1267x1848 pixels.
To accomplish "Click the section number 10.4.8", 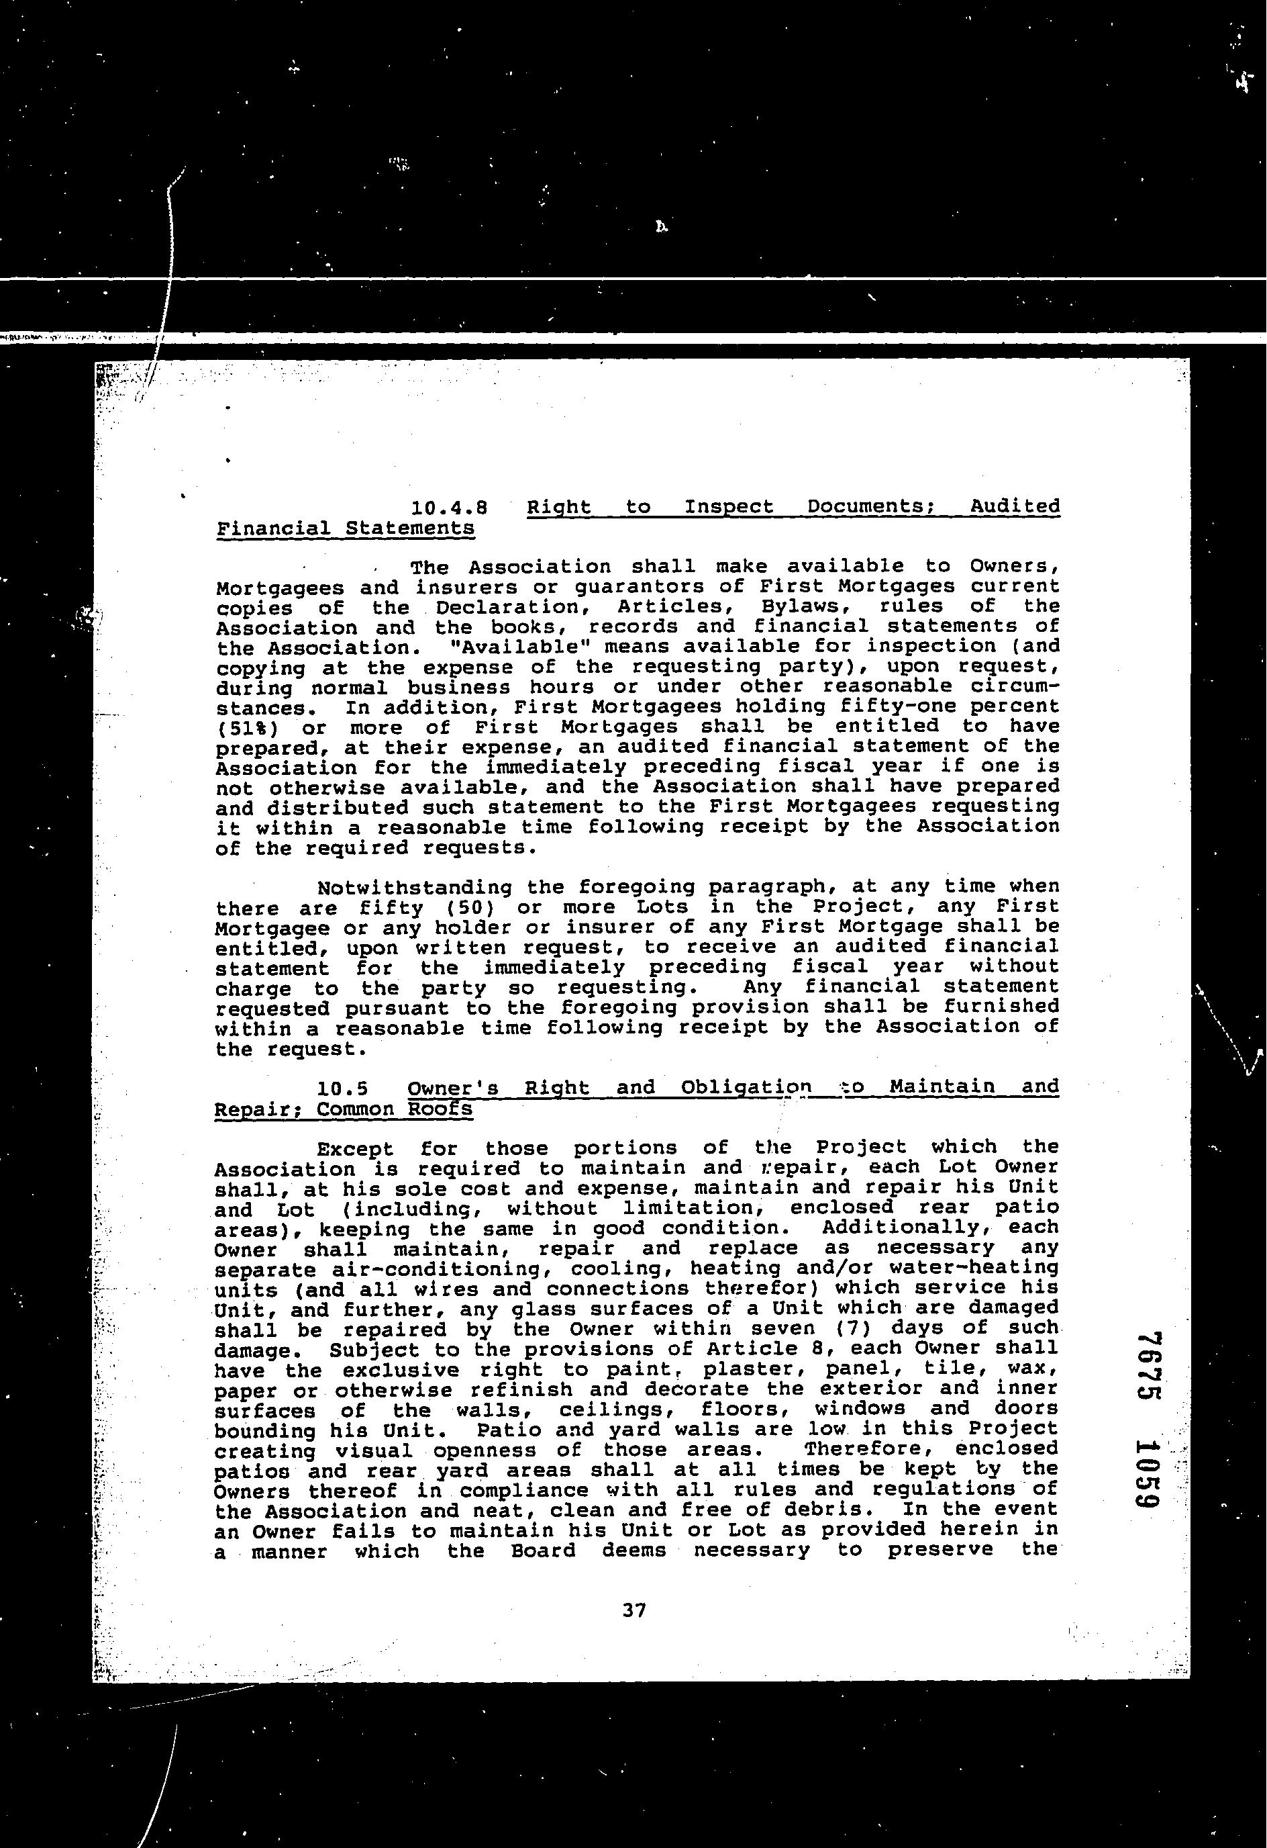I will [449, 507].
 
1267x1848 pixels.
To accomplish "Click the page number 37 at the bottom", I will [634, 1610].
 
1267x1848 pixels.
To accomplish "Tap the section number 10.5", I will [342, 1087].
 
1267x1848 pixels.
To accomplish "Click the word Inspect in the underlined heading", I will [729, 507].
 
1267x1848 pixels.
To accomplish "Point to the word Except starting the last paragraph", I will [355, 1148].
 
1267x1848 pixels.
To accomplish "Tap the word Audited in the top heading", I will [1015, 507].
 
